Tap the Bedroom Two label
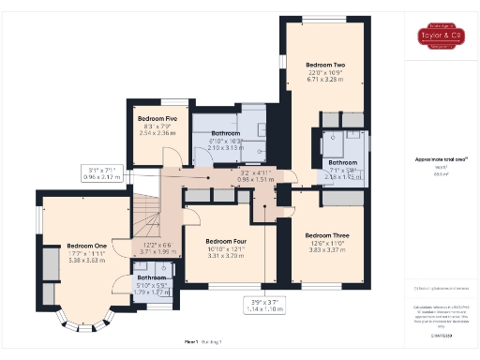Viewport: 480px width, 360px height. tap(325, 64)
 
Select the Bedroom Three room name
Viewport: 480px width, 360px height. tap(327, 234)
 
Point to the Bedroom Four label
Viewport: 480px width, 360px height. tap(226, 240)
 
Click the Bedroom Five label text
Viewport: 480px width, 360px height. tap(157, 119)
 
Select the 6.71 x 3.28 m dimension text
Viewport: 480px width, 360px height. tap(325, 80)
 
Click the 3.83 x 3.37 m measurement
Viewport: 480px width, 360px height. tap(327, 250)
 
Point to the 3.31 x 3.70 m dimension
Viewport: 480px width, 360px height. tap(226, 255)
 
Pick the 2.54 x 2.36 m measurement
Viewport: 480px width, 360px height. tap(157, 133)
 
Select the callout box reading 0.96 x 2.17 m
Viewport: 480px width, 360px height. tap(104, 172)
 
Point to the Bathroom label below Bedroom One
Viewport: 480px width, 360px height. tap(152, 277)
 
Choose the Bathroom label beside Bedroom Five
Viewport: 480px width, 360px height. tap(226, 133)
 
